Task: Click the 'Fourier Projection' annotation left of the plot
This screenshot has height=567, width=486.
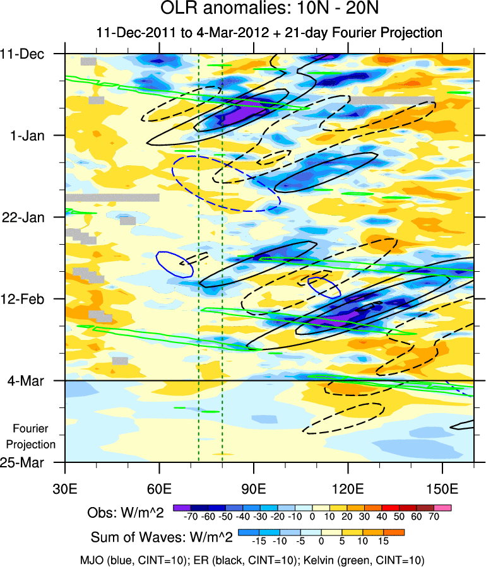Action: [x=34, y=436]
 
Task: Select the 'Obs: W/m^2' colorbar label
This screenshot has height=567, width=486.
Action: [x=126, y=513]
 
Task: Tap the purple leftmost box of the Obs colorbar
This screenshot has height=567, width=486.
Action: [x=181, y=507]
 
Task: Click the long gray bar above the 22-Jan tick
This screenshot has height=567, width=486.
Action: [x=112, y=197]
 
